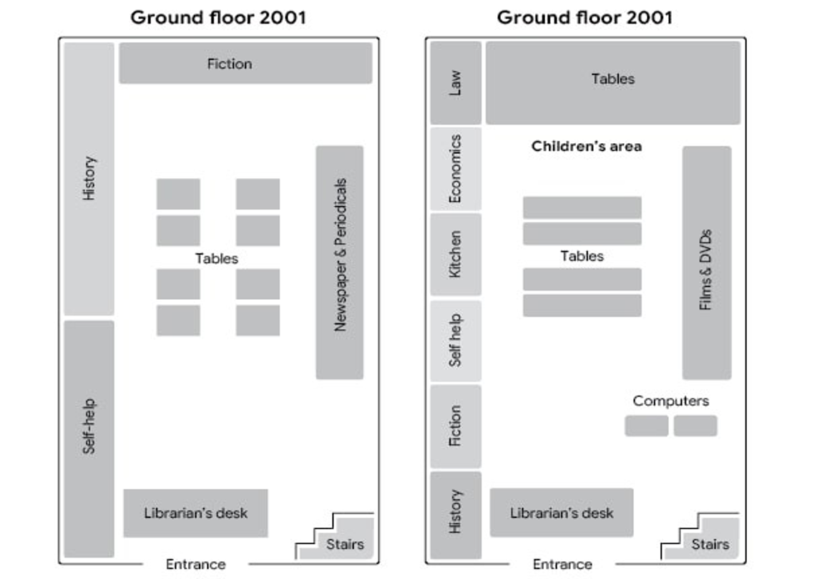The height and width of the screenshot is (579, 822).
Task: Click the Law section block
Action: coord(456,83)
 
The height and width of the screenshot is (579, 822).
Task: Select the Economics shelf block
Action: coord(456,168)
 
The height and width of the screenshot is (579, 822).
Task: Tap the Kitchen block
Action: coord(456,254)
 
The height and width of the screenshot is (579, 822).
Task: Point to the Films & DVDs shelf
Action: coord(707,263)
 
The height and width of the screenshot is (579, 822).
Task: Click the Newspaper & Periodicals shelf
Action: coord(339,262)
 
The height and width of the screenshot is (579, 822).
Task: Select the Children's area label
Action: coord(586,146)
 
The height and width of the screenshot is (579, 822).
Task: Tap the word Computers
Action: coord(670,401)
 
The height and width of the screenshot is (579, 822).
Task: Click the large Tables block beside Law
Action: coord(613,83)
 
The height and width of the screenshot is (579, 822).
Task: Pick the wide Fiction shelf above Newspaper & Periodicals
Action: coord(245,63)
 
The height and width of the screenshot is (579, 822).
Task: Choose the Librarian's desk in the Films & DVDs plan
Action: coord(562,512)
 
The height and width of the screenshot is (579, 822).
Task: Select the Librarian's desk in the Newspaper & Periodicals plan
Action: coord(195,513)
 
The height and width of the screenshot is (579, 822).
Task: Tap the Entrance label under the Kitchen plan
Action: coord(562,564)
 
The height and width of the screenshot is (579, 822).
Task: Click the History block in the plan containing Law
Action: coord(456,515)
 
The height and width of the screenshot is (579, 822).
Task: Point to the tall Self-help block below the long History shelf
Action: coord(89,439)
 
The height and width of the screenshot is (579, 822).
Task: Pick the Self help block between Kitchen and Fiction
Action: coord(456,341)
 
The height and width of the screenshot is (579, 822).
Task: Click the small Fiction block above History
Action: coord(456,426)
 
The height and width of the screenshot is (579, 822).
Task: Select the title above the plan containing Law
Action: coord(584,17)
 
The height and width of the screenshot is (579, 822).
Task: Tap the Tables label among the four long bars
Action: coord(582,256)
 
